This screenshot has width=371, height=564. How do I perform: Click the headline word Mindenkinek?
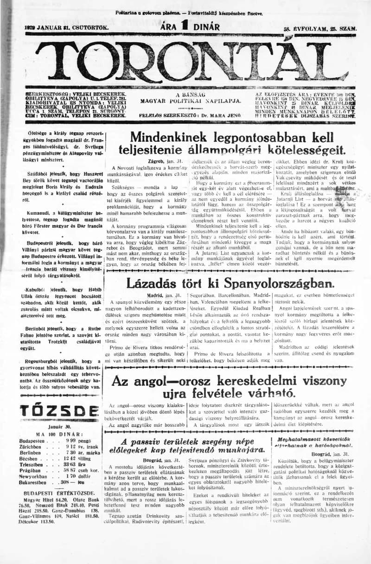click(169, 137)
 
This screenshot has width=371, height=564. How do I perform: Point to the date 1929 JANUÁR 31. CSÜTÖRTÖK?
click(66, 28)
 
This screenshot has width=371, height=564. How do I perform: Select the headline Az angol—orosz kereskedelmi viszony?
click(229, 381)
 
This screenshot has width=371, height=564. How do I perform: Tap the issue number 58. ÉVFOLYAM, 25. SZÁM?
click(320, 29)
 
